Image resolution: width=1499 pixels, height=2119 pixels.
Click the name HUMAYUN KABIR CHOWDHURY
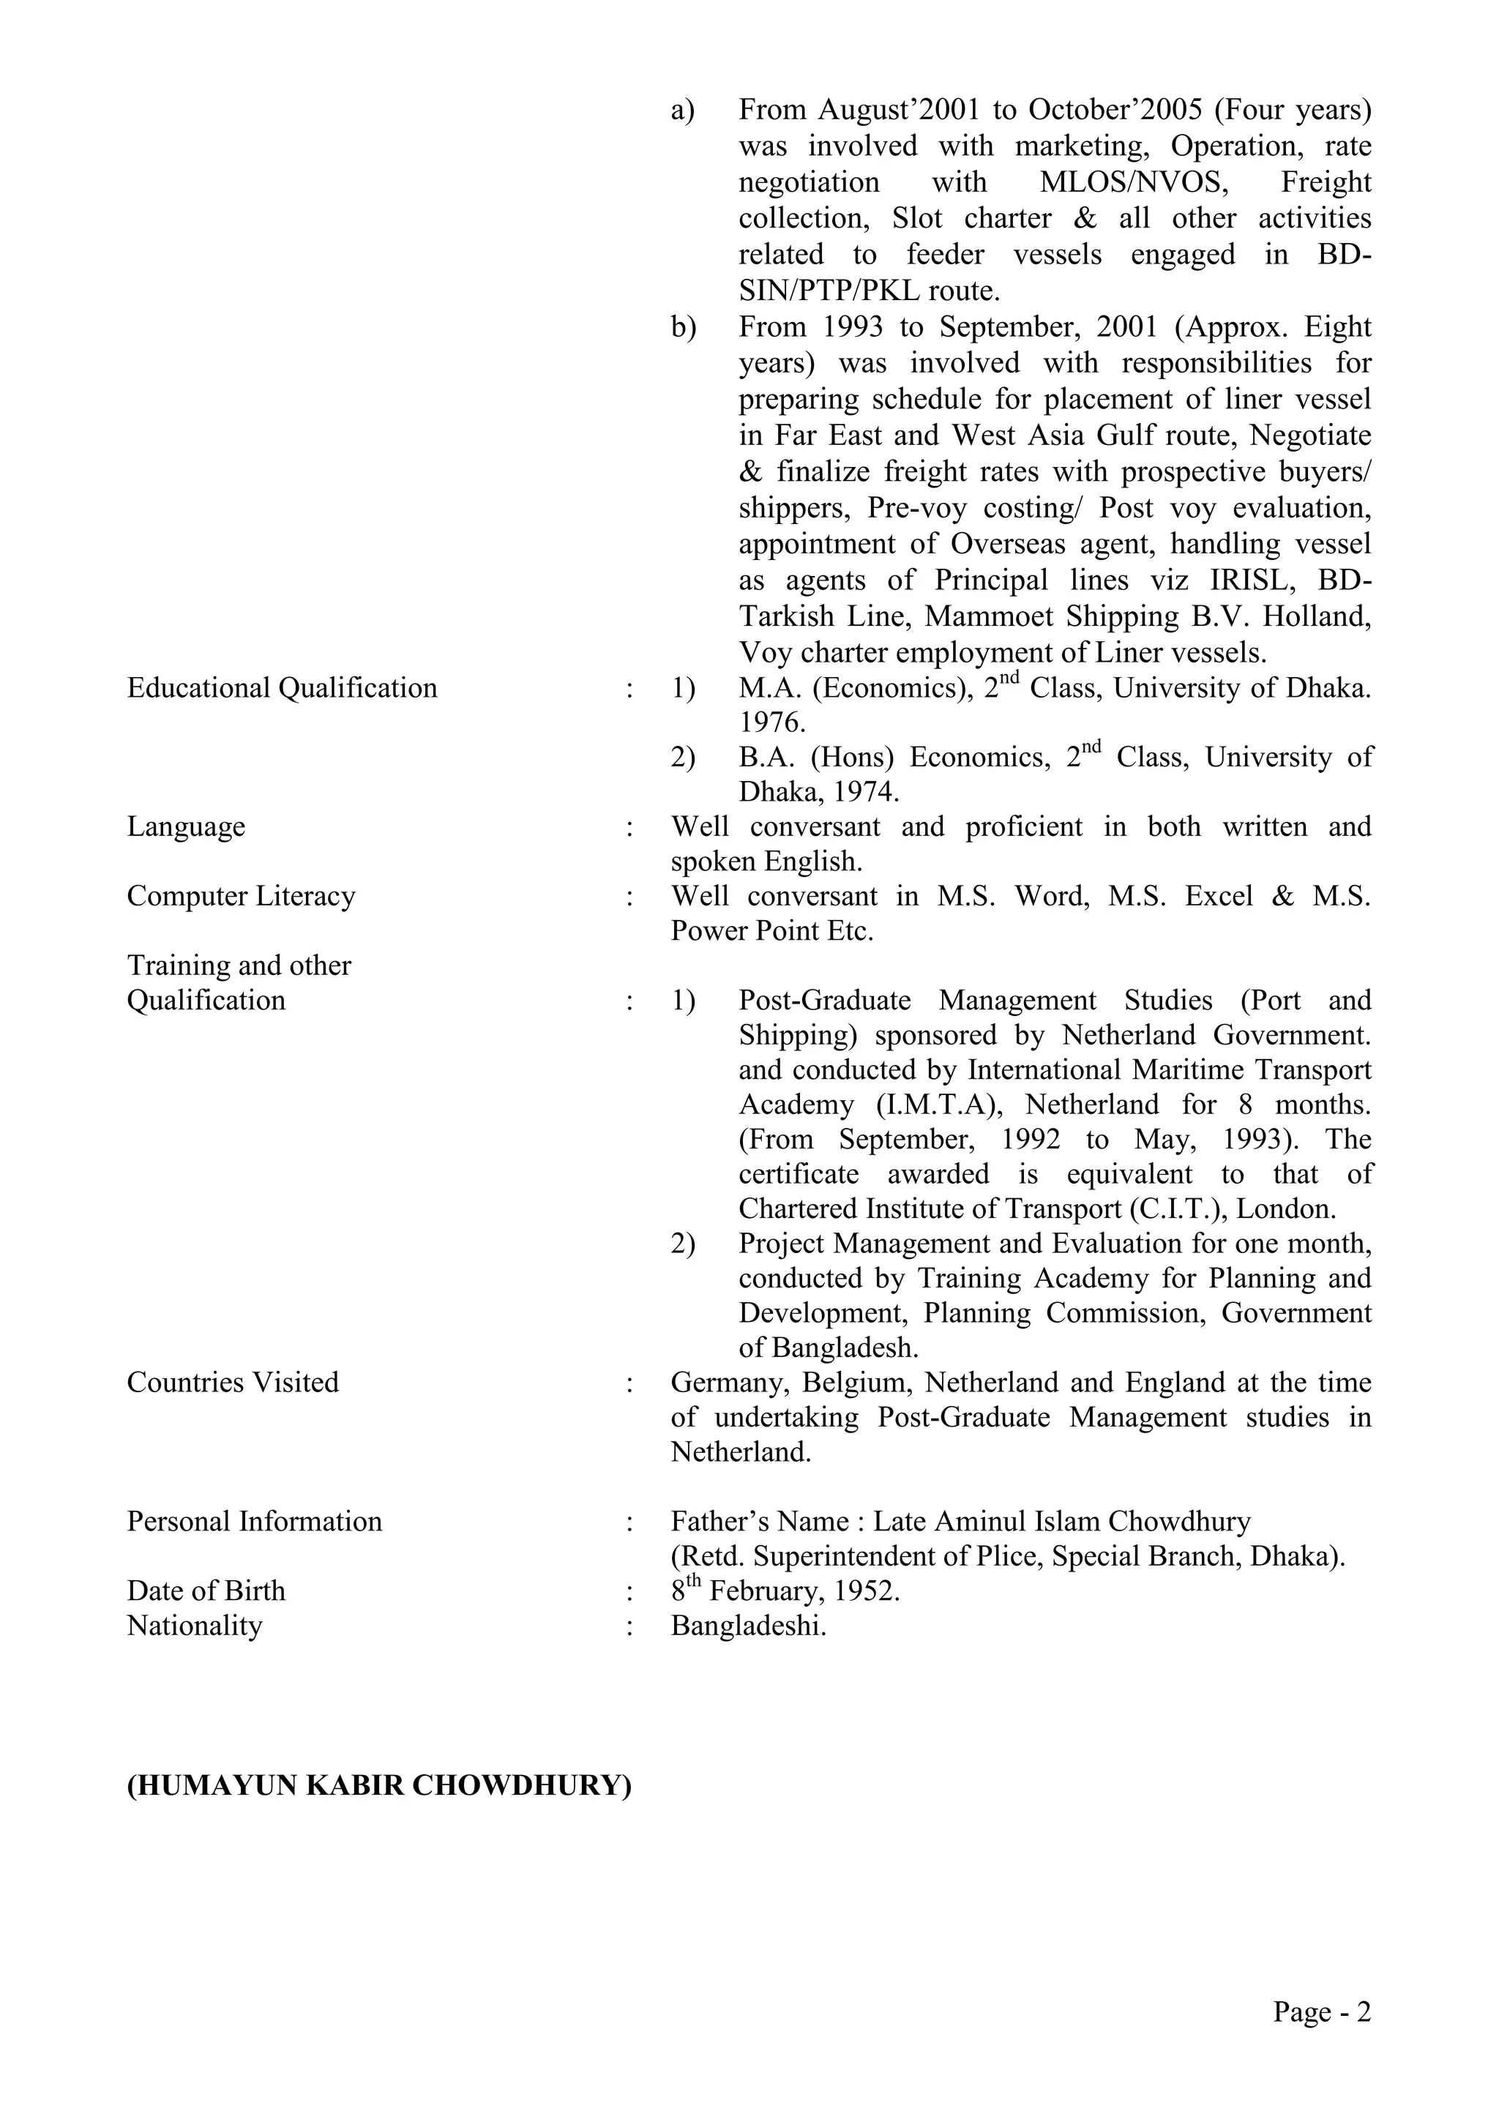378,1786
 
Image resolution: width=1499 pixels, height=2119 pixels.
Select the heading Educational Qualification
282,689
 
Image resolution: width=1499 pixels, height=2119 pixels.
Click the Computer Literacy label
241,896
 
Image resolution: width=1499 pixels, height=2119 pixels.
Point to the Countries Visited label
233,1383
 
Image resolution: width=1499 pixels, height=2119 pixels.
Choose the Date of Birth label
206,1591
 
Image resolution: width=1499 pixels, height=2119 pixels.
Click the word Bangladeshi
747,1626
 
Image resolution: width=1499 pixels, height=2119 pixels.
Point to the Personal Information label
254,1522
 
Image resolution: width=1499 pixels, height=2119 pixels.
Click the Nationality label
194,1626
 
